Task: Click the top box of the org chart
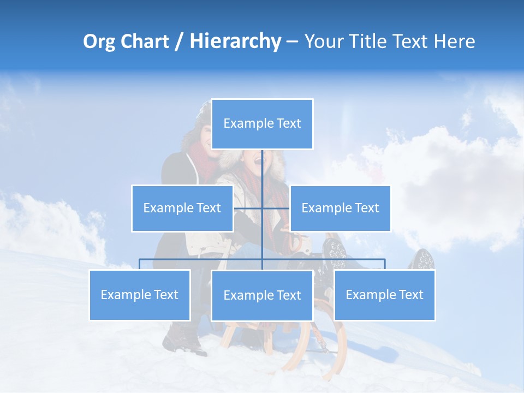tap(262, 124)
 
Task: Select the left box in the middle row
tap(182, 208)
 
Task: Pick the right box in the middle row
tap(340, 208)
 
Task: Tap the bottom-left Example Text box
tap(140, 295)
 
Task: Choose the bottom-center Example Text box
tap(262, 295)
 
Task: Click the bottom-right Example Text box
tap(384, 295)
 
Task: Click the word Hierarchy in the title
tap(235, 41)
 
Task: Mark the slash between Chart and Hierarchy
tap(179, 41)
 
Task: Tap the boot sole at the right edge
tap(424, 260)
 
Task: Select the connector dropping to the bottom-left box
tap(140, 264)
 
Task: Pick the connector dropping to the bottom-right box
tap(384, 264)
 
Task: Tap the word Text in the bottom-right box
tap(410, 295)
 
